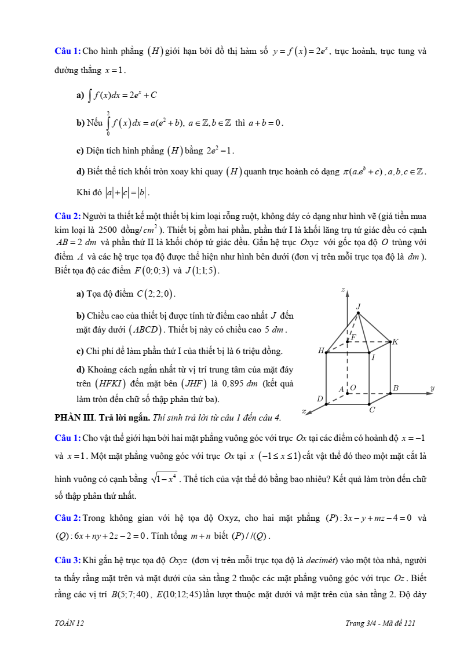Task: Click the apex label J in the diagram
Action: coord(359,306)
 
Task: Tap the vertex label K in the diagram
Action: coord(395,342)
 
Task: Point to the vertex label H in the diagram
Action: coord(320,350)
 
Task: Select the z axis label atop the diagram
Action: coord(343,289)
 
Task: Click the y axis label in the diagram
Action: coord(432,388)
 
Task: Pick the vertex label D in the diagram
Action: coord(319,399)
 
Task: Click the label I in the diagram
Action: coord(373,357)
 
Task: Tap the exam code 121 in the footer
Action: coord(410,623)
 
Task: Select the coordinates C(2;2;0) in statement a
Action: coord(156,294)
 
